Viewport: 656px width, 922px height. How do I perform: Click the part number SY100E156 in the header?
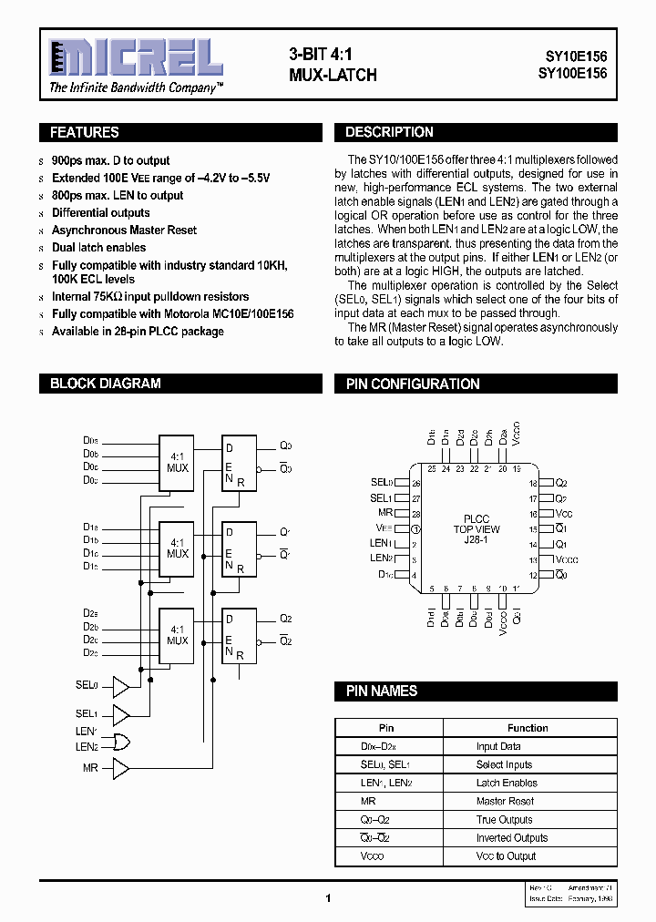click(570, 73)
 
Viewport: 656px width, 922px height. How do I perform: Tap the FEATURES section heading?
click(85, 133)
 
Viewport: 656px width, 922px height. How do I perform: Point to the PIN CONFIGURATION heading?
click(413, 384)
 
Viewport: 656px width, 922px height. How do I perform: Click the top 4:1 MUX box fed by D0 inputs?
click(177, 461)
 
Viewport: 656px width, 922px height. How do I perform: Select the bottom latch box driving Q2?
click(240, 634)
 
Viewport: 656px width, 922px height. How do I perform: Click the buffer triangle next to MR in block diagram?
click(120, 768)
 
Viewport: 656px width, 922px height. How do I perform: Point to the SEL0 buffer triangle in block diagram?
click(120, 685)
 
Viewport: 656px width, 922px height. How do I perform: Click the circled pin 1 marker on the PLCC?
click(415, 528)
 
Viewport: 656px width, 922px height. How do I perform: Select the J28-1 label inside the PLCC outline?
click(477, 540)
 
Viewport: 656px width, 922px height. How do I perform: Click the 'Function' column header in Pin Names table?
click(528, 728)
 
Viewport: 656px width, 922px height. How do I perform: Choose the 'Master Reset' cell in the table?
click(505, 801)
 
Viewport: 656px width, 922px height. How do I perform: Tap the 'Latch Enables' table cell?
click(507, 783)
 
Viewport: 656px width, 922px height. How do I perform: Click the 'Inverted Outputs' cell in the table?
click(512, 837)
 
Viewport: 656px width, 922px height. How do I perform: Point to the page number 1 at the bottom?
click(327, 897)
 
